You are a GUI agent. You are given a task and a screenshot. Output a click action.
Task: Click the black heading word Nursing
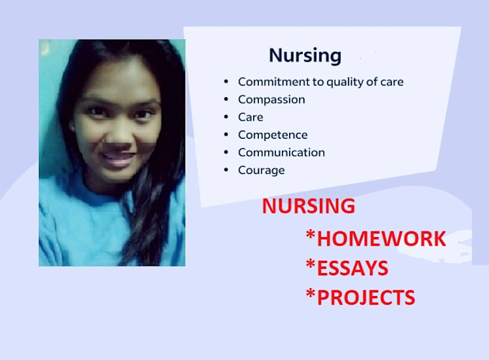305,55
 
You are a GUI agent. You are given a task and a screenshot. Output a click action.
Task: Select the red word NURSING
309,206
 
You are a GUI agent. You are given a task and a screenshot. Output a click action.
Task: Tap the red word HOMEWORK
381,239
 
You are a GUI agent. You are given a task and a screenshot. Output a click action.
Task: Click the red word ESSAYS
352,269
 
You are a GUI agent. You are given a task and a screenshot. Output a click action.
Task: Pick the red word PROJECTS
366,297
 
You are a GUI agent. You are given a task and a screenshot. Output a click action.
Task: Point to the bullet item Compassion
271,99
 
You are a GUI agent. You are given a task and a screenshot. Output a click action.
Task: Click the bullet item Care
251,117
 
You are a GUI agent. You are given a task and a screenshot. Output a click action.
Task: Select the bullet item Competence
273,135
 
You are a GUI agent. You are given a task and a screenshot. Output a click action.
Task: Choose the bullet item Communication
281,152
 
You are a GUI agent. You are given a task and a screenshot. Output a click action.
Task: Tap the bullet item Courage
261,170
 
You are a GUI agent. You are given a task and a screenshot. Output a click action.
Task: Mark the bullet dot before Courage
227,170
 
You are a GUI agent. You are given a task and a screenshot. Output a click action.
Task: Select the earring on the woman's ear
73,128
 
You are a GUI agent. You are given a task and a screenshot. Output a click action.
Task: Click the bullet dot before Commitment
227,82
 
